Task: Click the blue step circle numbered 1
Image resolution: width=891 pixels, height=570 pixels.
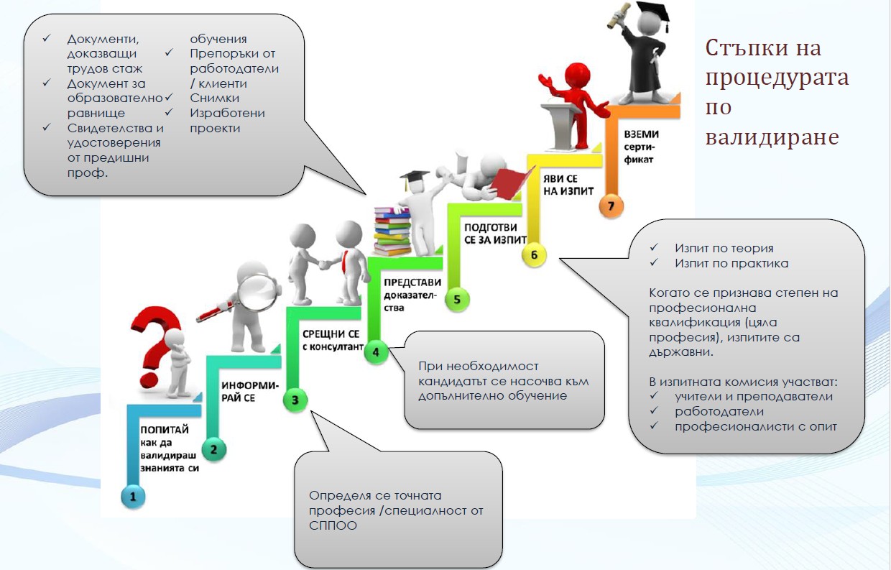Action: [133, 495]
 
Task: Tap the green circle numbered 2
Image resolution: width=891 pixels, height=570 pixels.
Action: [213, 450]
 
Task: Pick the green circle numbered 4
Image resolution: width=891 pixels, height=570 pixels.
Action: [375, 351]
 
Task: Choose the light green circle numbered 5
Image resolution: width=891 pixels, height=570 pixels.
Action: [457, 298]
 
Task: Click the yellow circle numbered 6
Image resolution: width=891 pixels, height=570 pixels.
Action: [534, 254]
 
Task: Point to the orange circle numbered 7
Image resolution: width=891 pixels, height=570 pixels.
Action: [611, 206]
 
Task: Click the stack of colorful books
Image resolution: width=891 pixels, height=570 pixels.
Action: [392, 229]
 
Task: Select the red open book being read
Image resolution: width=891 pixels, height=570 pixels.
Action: [507, 180]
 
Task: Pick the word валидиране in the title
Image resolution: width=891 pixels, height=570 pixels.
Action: [772, 136]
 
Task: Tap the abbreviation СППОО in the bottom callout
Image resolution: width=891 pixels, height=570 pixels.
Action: [333, 525]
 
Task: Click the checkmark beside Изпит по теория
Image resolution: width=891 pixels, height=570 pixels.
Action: [654, 248]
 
